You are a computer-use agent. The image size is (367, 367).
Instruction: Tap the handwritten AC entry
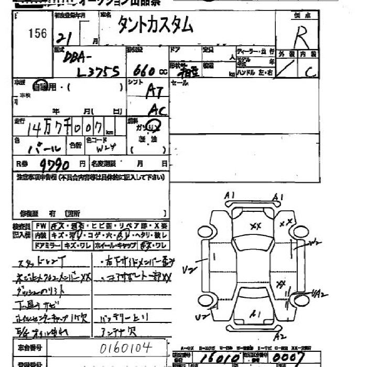click(157, 110)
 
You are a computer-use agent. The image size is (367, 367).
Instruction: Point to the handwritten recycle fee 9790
click(54, 164)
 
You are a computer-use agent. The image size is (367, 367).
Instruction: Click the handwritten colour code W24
click(106, 148)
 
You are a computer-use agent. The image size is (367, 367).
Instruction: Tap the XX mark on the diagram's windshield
click(256, 226)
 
